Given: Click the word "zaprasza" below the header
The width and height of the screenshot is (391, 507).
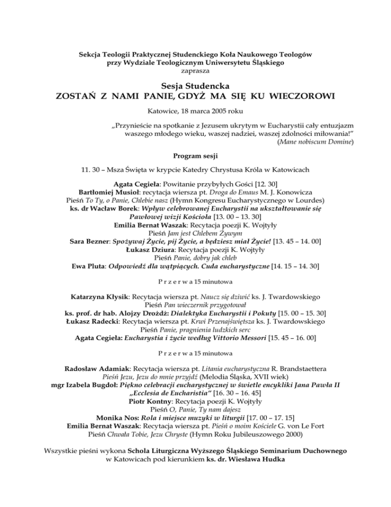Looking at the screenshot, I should point(195,70).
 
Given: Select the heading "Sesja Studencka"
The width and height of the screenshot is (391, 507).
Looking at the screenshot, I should point(195,86).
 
